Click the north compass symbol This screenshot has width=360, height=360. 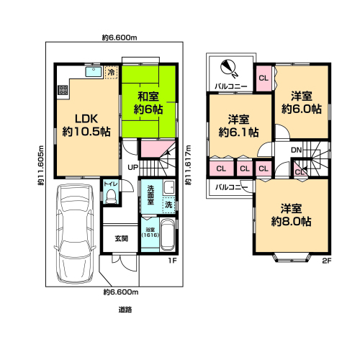(228, 68)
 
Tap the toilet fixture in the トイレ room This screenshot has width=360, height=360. (111, 197)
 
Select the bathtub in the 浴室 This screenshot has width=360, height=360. (167, 235)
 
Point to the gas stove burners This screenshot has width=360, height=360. (63, 90)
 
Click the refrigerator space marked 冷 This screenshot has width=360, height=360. (112, 72)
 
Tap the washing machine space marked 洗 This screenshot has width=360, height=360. (169, 204)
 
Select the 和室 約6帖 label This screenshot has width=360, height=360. (148, 103)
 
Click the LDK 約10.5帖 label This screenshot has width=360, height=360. (86, 125)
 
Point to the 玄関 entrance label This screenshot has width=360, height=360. (122, 238)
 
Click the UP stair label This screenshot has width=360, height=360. (132, 167)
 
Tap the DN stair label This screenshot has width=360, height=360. (296, 150)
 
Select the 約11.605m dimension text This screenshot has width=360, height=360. (41, 166)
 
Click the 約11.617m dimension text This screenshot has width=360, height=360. (189, 165)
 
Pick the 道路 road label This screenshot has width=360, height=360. (125, 310)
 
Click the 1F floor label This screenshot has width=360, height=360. (172, 261)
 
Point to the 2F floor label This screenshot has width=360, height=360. (327, 261)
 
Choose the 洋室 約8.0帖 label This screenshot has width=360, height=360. (292, 215)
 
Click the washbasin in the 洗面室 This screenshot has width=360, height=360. (169, 187)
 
